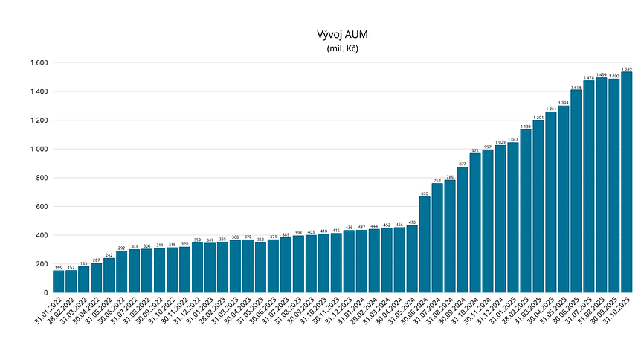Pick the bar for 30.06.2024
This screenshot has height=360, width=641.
[x=425, y=245]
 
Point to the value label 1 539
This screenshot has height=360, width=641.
[x=627, y=68]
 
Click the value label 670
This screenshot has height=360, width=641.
[x=425, y=193]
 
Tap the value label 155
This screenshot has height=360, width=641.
[x=58, y=267]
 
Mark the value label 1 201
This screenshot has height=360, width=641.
[x=538, y=117]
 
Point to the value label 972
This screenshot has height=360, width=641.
[x=475, y=150]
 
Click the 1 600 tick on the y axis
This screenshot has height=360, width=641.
[x=39, y=63]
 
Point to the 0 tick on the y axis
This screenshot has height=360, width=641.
[x=46, y=292]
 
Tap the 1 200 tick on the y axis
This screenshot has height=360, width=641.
[x=39, y=120]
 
